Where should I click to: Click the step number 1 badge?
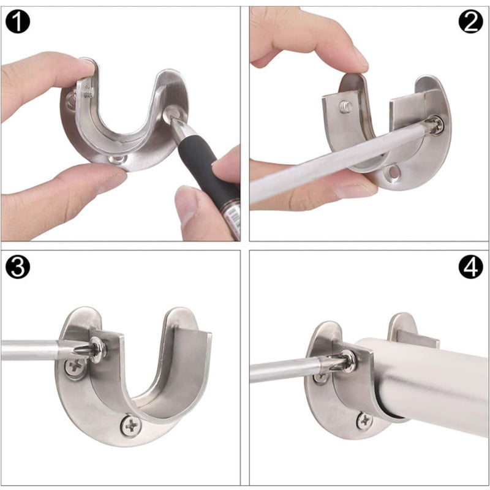tap(18, 21)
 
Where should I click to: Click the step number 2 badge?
tap(470, 21)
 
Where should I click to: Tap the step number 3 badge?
tap(18, 266)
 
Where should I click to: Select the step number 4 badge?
tap(470, 266)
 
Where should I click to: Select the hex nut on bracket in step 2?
tap(346, 107)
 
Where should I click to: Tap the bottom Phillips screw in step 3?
tap(131, 425)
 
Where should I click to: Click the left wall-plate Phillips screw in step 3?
tap(75, 366)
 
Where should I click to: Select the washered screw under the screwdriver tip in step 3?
tap(98, 349)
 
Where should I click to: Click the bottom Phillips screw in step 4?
tap(364, 421)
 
